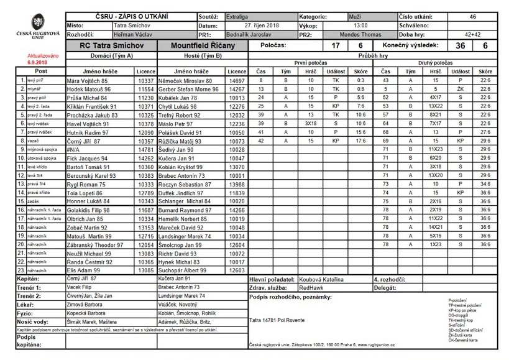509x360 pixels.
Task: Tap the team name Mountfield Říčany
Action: click(x=203, y=46)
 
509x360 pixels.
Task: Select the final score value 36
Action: click(x=461, y=46)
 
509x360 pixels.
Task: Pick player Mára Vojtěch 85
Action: click(x=88, y=81)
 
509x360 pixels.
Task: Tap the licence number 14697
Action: click(x=237, y=81)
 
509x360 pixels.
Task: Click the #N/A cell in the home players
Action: click(x=75, y=150)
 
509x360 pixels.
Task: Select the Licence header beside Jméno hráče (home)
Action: click(x=145, y=72)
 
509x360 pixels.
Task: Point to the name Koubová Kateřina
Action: click(x=321, y=280)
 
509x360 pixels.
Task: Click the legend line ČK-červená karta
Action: click(x=463, y=340)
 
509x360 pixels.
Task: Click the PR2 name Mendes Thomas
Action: click(x=360, y=35)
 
